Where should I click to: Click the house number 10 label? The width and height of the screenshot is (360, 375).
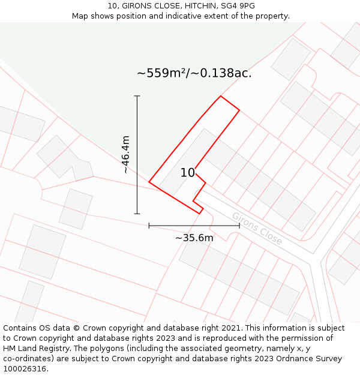[x=188, y=173]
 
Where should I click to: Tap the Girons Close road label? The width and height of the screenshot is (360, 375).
[x=257, y=229]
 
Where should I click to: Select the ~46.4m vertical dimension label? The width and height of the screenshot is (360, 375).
[x=125, y=154]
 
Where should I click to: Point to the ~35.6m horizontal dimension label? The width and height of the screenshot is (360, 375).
[x=194, y=238]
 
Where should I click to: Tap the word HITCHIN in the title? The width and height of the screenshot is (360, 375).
[x=192, y=5]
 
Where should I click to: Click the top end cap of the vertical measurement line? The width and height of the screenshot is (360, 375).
[x=137, y=96]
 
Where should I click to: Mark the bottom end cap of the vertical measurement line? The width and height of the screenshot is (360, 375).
[x=137, y=213]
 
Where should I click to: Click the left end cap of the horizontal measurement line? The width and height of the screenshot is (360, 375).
[x=149, y=226]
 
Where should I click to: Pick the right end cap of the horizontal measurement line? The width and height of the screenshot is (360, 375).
[x=239, y=226]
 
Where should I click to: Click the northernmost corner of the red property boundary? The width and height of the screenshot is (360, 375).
[x=221, y=96]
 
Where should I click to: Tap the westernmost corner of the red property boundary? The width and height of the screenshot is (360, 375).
[x=149, y=181]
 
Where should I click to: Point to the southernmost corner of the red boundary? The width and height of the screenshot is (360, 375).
[x=199, y=213]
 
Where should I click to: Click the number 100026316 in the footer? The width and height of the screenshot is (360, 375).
[x=25, y=369]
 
